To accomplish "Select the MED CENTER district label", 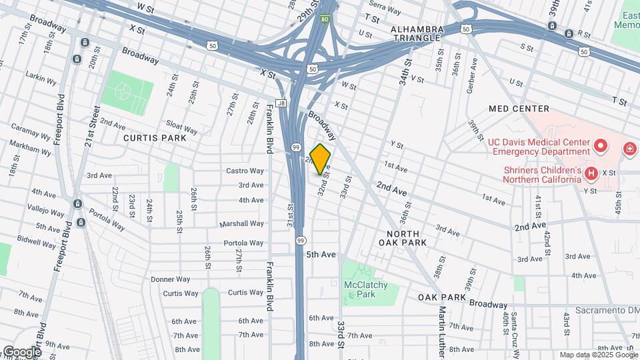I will (519, 109).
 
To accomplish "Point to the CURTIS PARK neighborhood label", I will (154, 137).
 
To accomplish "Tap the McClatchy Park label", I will (365, 289).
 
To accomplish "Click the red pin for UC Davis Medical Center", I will (600, 145).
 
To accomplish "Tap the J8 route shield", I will (281, 103).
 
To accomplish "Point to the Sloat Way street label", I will (181, 127).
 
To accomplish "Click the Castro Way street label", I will (245, 171).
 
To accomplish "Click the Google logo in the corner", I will (22, 351).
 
